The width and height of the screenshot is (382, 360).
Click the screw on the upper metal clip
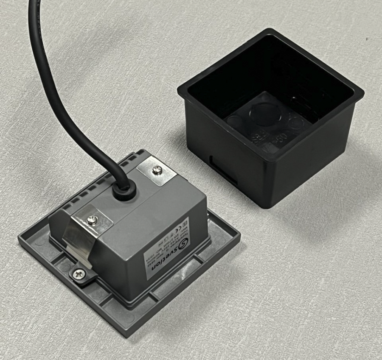pyautogui.click(x=157, y=170)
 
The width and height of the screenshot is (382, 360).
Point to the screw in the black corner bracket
pyautogui.click(x=78, y=273)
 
